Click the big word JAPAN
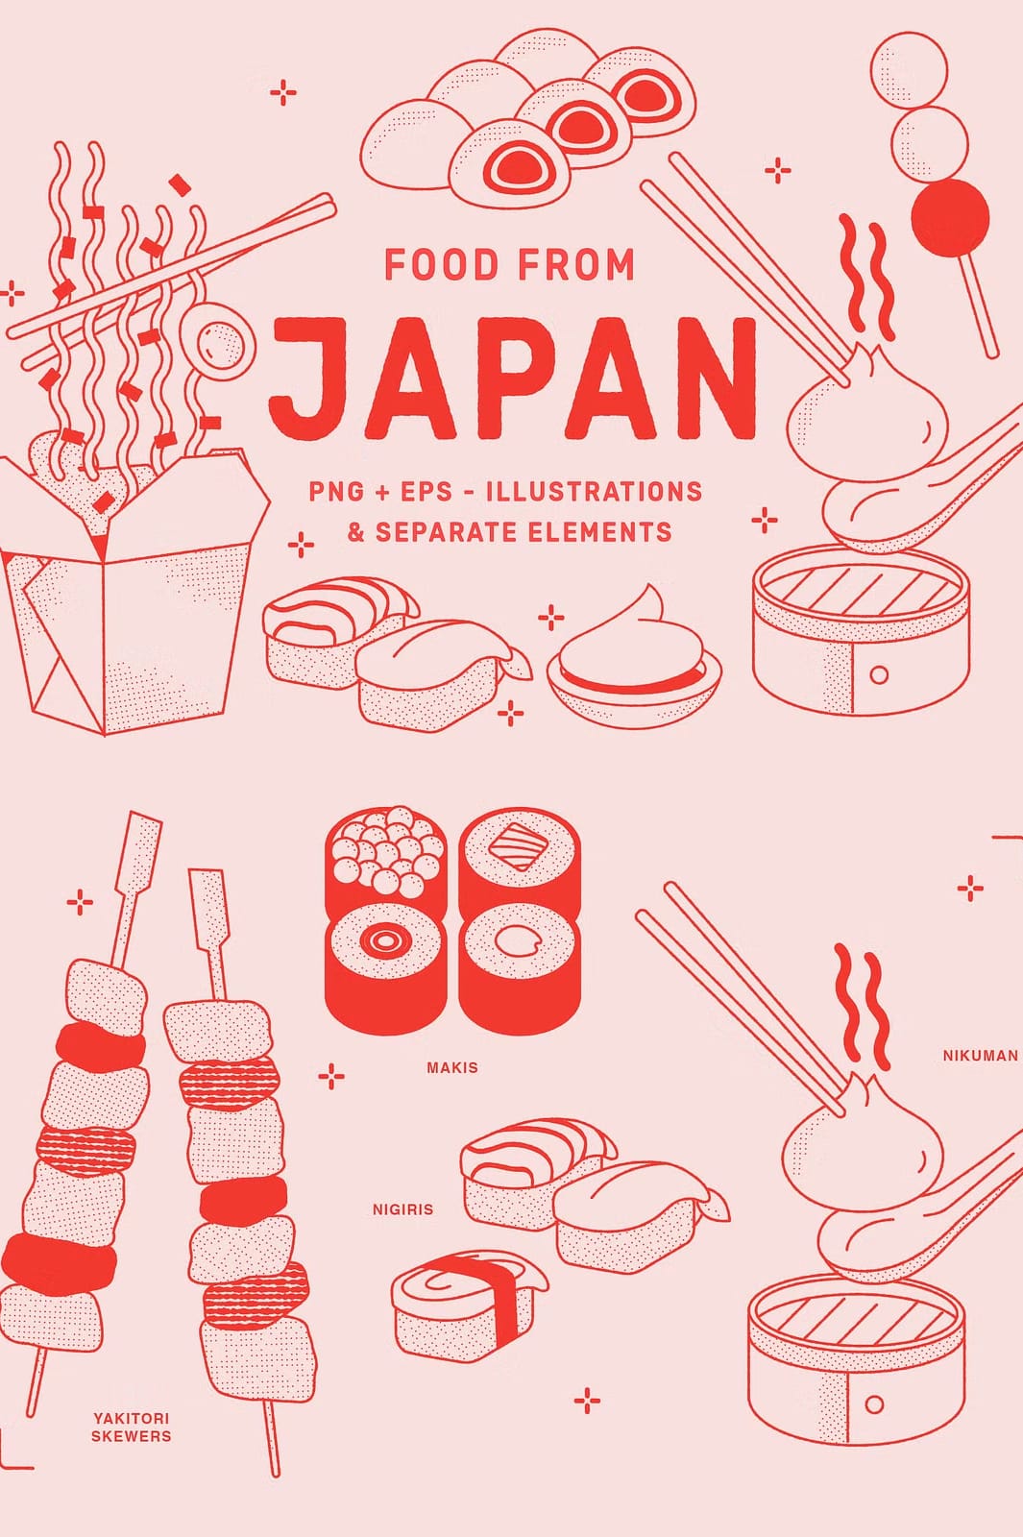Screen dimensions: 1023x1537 [x=513, y=378]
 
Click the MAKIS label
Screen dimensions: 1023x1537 [x=452, y=1067]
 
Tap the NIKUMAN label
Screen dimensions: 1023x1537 [x=981, y=1056]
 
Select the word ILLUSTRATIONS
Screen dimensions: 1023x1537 [x=595, y=491]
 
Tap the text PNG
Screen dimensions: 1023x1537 [x=333, y=491]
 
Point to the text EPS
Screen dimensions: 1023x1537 [x=426, y=491]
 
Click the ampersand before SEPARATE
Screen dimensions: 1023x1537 [x=356, y=532]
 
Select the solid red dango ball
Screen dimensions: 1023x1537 [x=950, y=217]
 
